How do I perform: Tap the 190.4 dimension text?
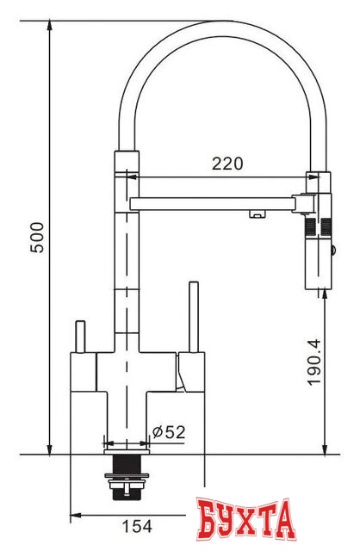coord(315,362)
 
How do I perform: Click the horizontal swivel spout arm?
coord(215,204)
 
